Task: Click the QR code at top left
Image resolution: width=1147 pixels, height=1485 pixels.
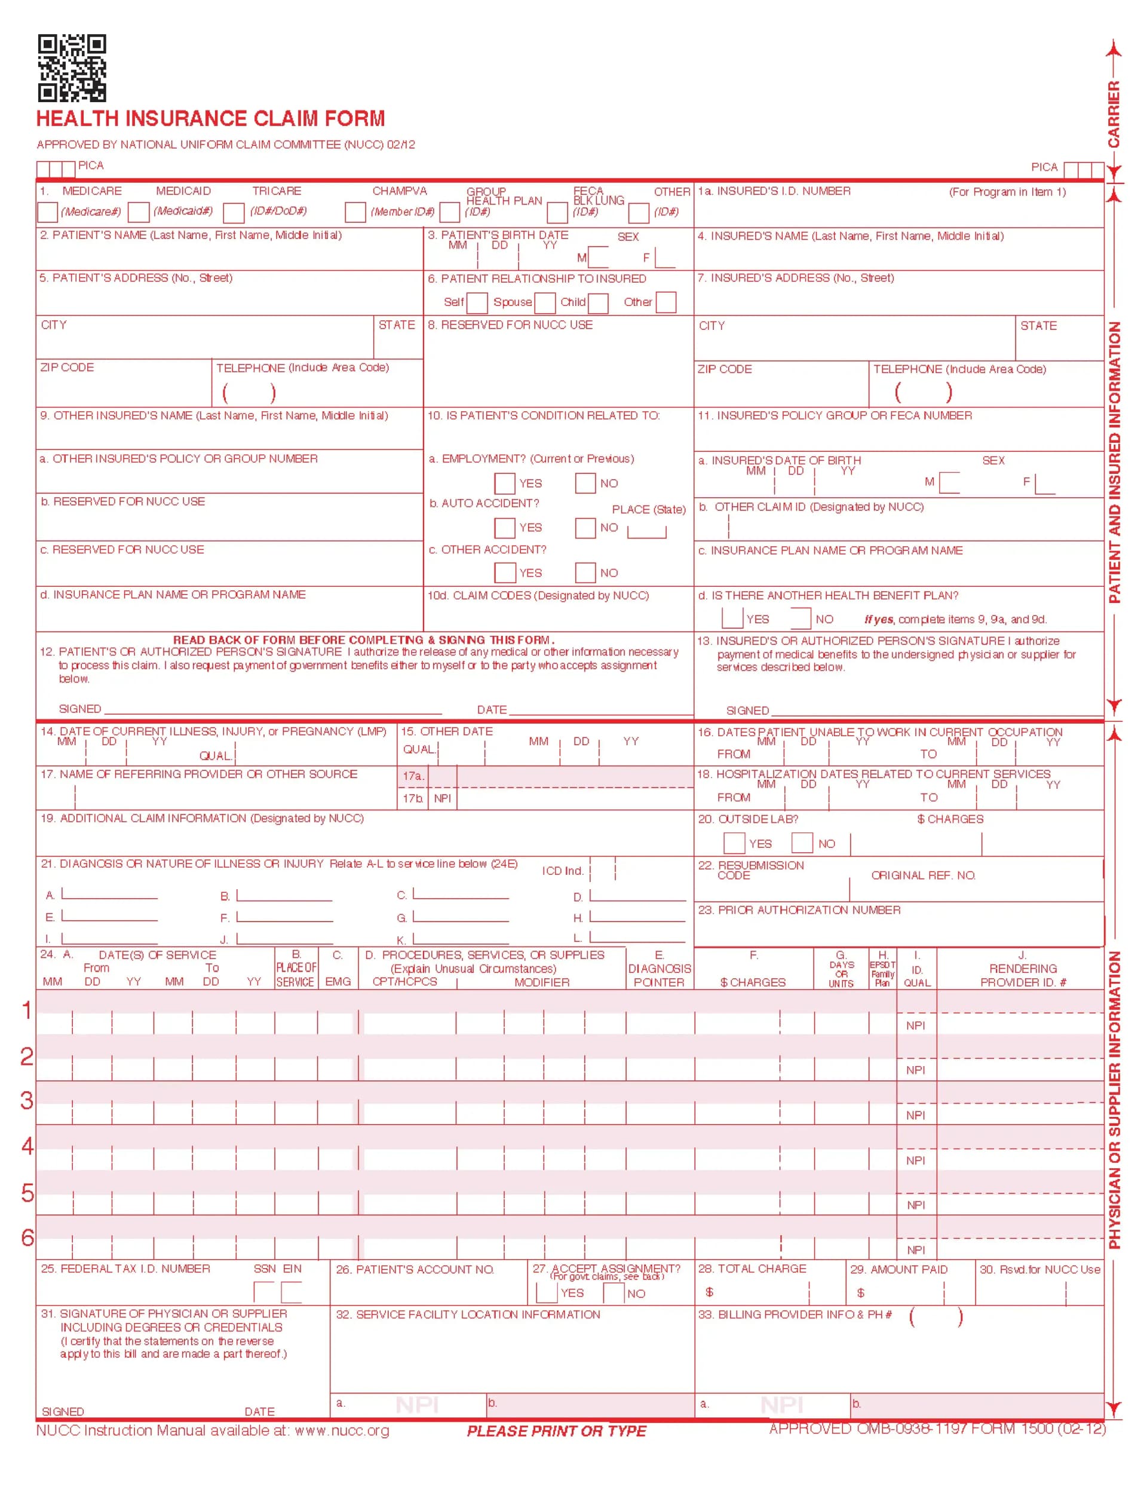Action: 72,68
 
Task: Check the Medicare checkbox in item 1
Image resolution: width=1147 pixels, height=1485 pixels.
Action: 48,212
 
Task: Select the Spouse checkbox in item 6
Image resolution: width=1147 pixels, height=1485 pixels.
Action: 545,302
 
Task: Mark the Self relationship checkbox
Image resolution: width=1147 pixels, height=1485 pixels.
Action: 477,302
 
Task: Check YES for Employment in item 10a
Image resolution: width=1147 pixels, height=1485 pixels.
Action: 504,483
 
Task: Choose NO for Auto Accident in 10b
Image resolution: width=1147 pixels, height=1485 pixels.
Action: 585,528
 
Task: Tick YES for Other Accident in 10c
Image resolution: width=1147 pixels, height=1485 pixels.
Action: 504,572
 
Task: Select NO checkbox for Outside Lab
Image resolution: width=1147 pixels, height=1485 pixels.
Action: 802,843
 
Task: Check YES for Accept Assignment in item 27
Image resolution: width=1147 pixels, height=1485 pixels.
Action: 547,1293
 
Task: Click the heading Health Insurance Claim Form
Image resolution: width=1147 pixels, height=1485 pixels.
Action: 211,119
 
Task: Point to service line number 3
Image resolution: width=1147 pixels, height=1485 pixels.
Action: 27,1101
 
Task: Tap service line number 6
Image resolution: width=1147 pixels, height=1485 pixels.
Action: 27,1237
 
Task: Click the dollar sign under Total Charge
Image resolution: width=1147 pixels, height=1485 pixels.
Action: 709,1292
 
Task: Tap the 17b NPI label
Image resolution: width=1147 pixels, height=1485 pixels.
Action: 443,798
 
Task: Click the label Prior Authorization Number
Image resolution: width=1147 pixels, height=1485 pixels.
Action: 799,910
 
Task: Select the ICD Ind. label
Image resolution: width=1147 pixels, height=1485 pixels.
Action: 562,871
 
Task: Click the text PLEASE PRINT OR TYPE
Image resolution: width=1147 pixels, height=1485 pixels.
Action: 556,1431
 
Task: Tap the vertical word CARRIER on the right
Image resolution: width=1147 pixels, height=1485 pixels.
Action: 1113,114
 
